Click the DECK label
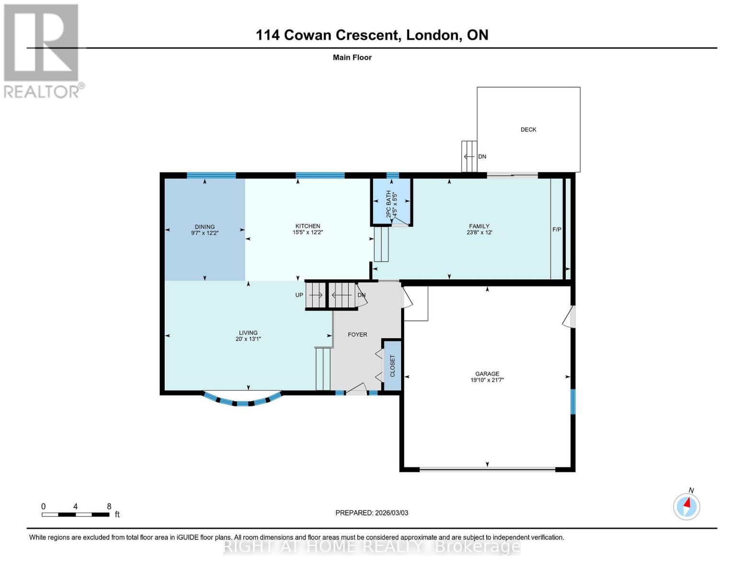528,129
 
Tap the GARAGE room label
487,374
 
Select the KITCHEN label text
308,226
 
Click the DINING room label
205,227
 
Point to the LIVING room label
248,333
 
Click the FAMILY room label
479,226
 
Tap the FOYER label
357,334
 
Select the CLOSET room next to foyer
392,365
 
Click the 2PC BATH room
391,201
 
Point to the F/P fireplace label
557,230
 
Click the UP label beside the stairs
299,295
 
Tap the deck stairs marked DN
469,156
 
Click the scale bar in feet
75,515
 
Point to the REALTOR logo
42,50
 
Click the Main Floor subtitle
352,57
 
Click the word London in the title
431,35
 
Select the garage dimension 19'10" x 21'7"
487,380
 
